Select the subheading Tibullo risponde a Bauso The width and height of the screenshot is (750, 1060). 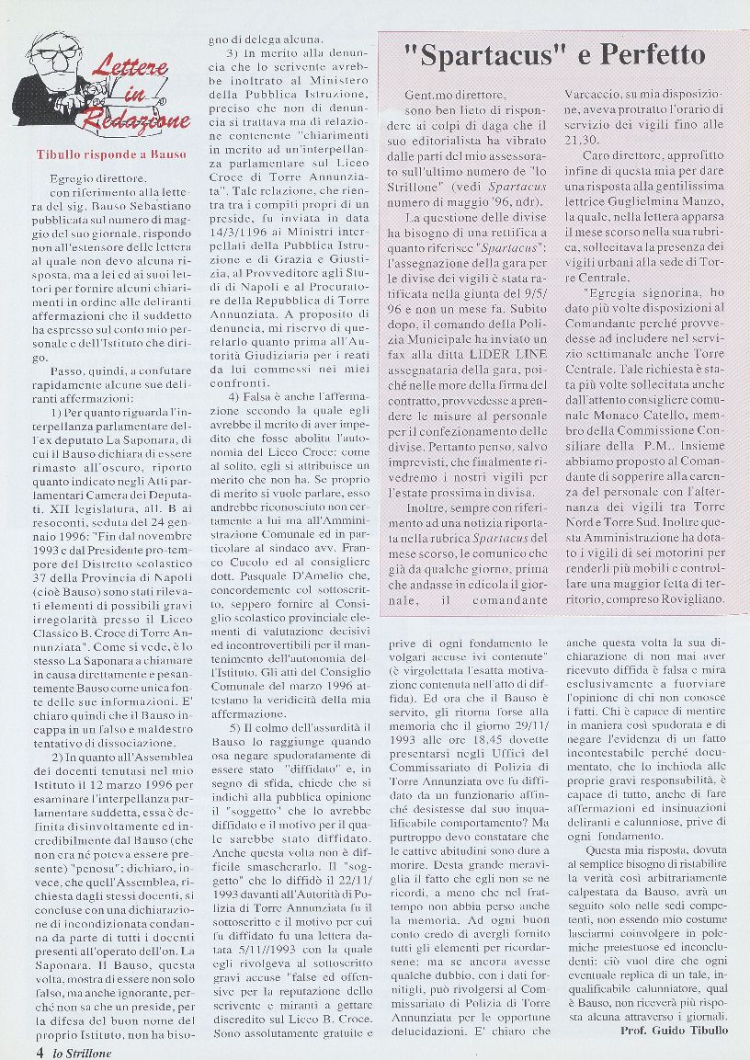[110, 155]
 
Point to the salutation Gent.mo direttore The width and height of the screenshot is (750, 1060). [454, 95]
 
